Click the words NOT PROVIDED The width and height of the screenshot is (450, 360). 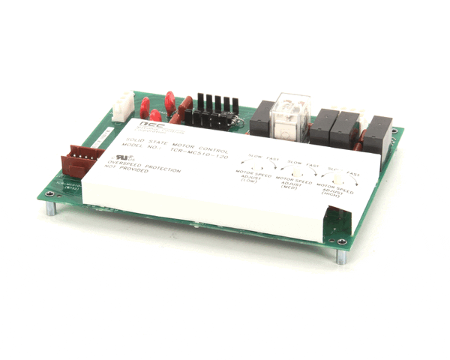pyautogui.click(x=128, y=170)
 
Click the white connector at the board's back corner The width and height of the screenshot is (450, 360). pyautogui.click(x=122, y=106)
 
